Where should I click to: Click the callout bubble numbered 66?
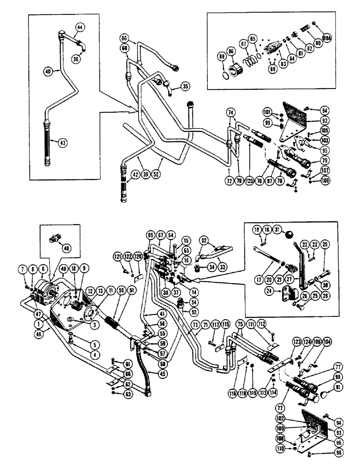click(124, 37)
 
